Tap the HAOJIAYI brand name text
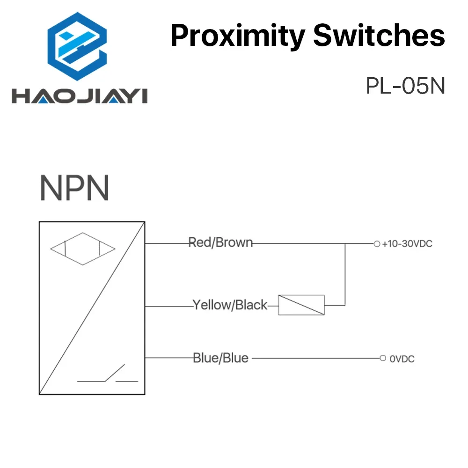point(80,95)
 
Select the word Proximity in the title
point(237,36)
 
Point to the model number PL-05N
point(405,86)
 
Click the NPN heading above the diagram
point(74,188)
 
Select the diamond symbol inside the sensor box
point(82,249)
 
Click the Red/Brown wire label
point(220,243)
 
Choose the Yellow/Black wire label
point(230,306)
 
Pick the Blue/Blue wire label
point(220,358)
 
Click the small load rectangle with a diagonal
point(301,305)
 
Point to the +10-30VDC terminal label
point(406,244)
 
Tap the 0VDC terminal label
point(402,359)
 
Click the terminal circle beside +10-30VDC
point(377,243)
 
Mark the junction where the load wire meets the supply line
point(345,243)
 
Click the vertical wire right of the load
point(345,276)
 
